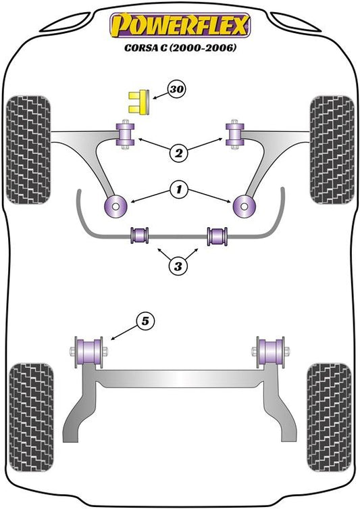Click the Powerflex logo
tap(180, 25)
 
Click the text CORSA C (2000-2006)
tap(180, 48)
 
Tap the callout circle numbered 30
tap(177, 89)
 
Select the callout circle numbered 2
tap(179, 153)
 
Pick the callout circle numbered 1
tap(179, 189)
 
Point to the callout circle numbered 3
tap(178, 266)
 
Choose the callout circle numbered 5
tap(145, 321)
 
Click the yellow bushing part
tap(138, 101)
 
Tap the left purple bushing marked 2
tap(126, 135)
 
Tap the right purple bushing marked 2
tap(235, 135)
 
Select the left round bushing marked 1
tap(115, 205)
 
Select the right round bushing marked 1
tap(245, 205)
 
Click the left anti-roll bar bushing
tap(139, 235)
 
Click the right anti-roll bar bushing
tap(217, 236)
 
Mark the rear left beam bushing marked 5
tap(89, 352)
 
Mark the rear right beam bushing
tap(271, 352)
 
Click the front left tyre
tap(28, 150)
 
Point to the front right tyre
tap(332, 150)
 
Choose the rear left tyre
tap(31, 418)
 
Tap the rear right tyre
tap(329, 418)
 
